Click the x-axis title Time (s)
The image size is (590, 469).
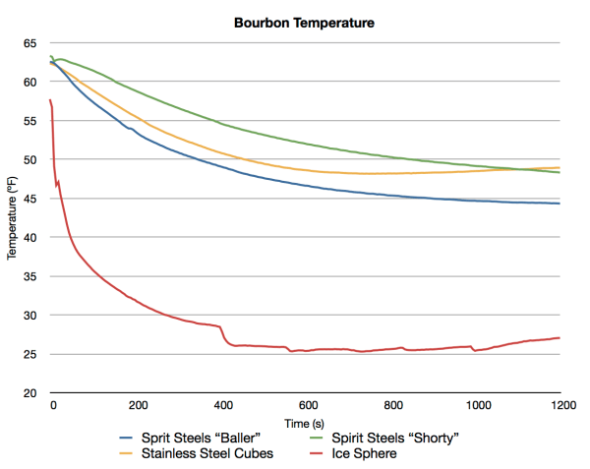pos(306,421)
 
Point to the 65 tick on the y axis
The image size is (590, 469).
pos(29,43)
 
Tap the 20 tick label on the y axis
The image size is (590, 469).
pos(29,393)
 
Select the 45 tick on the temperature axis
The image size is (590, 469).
pos(29,199)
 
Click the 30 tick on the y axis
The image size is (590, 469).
pos(29,316)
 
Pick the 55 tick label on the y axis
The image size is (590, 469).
pos(29,121)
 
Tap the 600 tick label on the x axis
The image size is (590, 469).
pos(306,405)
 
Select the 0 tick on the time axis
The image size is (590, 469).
pos(53,405)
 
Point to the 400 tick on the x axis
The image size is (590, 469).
pos(221,405)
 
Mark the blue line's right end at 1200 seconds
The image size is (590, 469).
pos(560,204)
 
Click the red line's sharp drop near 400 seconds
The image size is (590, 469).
pos(223,336)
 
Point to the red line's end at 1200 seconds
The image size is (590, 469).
pos(560,337)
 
